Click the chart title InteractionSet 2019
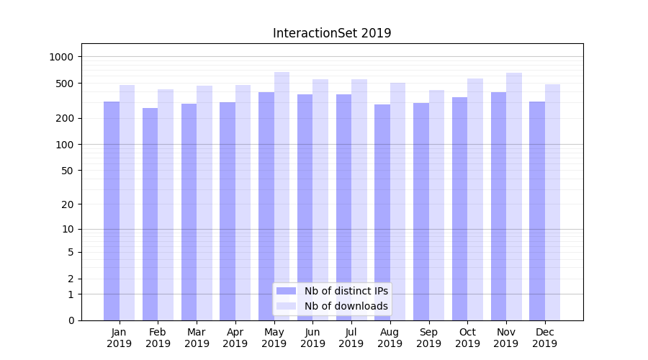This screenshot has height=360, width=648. tap(332, 33)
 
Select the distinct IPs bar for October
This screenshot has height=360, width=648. tap(459, 209)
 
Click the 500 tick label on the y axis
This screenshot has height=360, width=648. tap(67, 84)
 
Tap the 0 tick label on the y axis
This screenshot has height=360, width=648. tap(71, 320)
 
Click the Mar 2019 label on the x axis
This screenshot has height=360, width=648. tap(197, 338)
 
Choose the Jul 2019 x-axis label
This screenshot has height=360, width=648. tap(351, 338)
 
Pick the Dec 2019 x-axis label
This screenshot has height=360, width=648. tap(544, 338)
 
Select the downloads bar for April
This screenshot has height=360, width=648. tap(243, 202)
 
